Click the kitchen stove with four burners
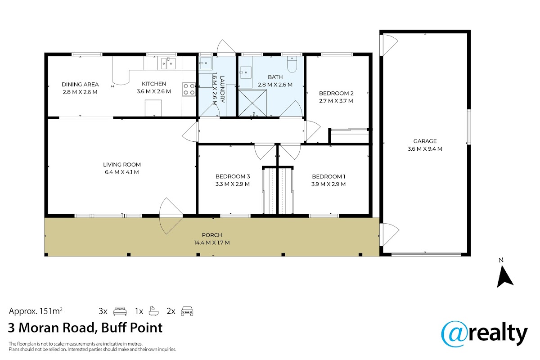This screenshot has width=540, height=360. pyautogui.click(x=189, y=89)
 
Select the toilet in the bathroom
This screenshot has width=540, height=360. pyautogui.click(x=292, y=64)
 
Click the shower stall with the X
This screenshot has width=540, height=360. pyautogui.click(x=252, y=103)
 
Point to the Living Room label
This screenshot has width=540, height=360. pyautogui.click(x=122, y=165)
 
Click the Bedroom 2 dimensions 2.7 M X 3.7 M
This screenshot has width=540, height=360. pyautogui.click(x=336, y=101)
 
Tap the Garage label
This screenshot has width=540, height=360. pyautogui.click(x=425, y=141)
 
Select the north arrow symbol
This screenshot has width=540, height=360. pyautogui.click(x=505, y=277)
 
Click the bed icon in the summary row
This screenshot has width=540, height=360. pyautogui.click(x=120, y=311)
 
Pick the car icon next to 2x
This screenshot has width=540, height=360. pyautogui.click(x=187, y=311)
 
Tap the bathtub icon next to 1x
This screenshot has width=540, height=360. pyautogui.click(x=153, y=311)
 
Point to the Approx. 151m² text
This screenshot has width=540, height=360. pyautogui.click(x=36, y=311)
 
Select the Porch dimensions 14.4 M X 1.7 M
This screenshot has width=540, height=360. pyautogui.click(x=212, y=243)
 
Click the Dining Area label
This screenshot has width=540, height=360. pyautogui.click(x=80, y=85)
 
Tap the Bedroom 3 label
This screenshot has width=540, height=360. pyautogui.click(x=233, y=176)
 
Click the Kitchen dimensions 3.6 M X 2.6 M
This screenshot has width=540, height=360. pyautogui.click(x=154, y=91)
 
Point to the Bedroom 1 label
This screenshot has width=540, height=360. pyautogui.click(x=328, y=177)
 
